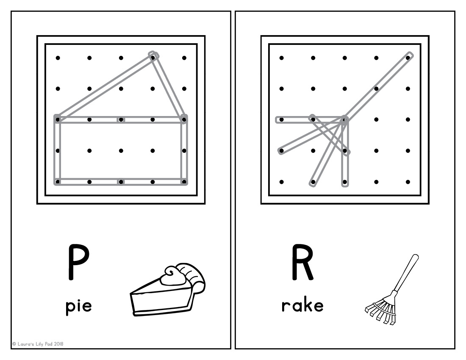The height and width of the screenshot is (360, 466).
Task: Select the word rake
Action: [302, 305]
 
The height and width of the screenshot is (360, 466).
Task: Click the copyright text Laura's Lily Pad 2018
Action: [38, 344]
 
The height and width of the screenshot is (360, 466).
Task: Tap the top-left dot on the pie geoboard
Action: [58, 58]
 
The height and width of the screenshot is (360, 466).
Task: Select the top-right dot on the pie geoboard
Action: [184, 58]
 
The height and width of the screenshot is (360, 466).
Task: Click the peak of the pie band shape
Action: [153, 55]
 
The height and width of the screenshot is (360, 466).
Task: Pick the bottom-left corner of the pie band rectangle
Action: [58, 182]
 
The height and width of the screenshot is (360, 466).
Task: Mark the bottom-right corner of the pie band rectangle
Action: [184, 182]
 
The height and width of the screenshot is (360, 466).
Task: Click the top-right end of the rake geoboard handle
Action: [409, 55]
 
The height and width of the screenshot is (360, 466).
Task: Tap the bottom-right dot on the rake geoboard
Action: [408, 182]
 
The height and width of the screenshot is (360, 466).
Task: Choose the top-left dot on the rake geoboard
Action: [281, 58]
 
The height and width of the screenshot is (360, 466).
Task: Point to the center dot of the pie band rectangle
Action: [121, 150]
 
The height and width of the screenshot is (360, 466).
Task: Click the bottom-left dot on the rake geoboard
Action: [281, 182]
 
